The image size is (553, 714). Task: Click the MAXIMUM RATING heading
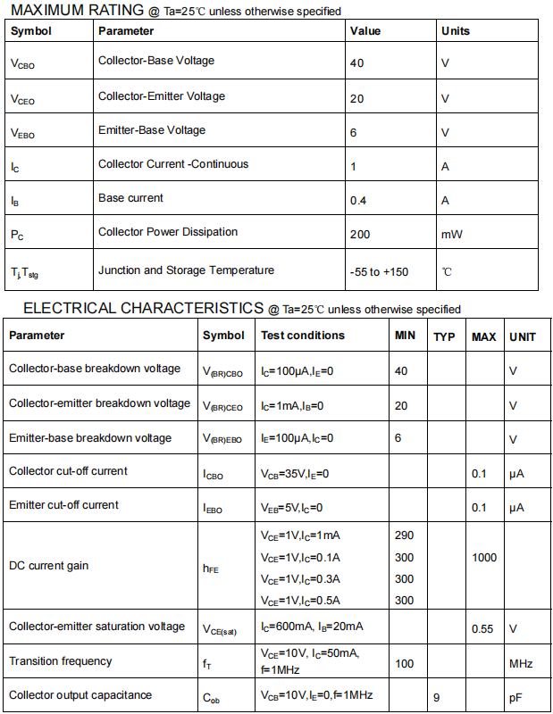[78, 11]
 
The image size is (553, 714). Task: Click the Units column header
[455, 31]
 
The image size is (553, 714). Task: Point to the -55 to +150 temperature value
[379, 271]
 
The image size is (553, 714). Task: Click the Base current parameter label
[130, 198]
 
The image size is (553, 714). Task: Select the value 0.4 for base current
[358, 201]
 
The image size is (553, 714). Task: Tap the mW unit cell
[451, 235]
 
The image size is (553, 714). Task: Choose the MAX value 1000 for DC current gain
[484, 558]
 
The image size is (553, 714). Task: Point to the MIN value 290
[404, 535]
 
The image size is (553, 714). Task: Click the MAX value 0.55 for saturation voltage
[482, 629]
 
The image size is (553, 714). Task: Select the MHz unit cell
[521, 664]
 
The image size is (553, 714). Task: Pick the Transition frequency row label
[61, 661]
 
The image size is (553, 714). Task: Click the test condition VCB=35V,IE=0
[295, 473]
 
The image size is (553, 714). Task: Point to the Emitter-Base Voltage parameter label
[152, 130]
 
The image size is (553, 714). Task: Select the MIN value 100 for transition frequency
[404, 664]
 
